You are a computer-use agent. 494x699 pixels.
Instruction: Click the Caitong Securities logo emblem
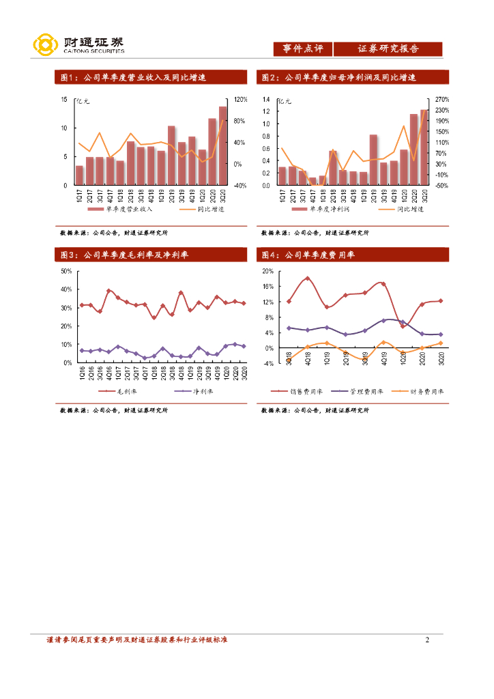(45, 46)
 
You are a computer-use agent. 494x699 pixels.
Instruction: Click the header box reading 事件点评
(302, 49)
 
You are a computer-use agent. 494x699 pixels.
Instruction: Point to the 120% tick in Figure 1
(240, 100)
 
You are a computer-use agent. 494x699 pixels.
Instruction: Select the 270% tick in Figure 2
(442, 100)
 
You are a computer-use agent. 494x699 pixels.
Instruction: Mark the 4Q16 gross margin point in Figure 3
(108, 291)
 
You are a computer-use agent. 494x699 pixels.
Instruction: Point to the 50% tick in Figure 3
(66, 271)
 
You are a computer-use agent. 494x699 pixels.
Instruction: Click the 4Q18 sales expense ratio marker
(308, 279)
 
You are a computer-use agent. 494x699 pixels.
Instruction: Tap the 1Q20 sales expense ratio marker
(403, 326)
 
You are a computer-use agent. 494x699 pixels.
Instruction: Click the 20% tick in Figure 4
(267, 271)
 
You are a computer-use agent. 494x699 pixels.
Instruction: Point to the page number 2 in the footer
(427, 640)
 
